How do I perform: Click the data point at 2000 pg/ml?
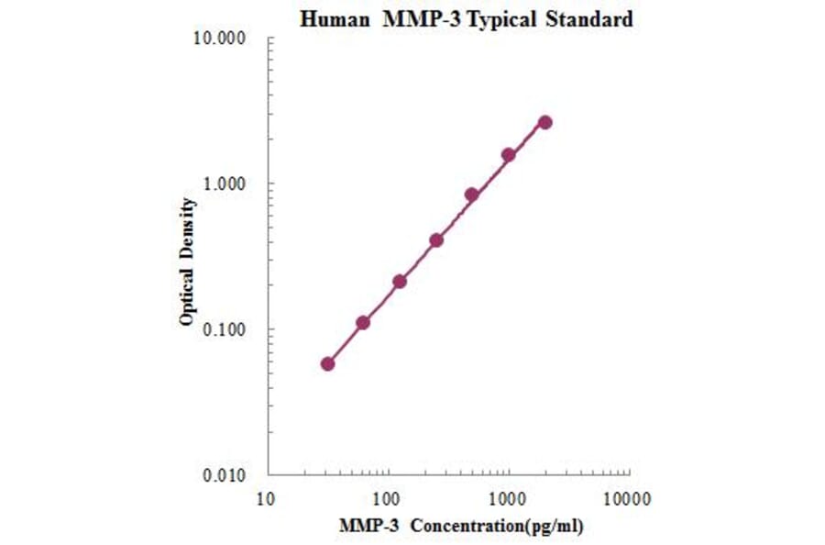544,122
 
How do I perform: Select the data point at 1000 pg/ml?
508,155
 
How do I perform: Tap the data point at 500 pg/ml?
472,195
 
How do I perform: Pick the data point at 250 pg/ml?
436,239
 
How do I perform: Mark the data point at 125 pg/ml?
400,282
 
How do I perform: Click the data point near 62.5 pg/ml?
363,322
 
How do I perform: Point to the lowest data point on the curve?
328,363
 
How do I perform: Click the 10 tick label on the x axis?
266,499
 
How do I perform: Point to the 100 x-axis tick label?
387,499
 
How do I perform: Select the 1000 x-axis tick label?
507,499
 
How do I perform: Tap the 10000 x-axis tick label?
628,499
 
